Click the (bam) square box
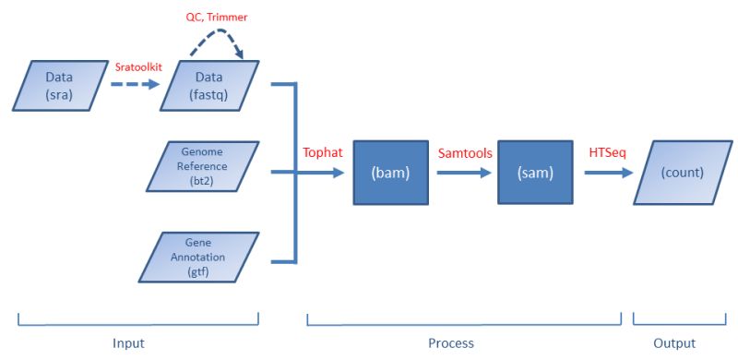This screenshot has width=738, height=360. pos(390,172)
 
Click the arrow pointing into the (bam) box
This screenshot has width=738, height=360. pos(323,172)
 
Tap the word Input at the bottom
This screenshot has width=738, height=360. pos(128,343)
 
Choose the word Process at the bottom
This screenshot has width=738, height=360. pos(451,343)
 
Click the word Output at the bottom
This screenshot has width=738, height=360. pos(674,343)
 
